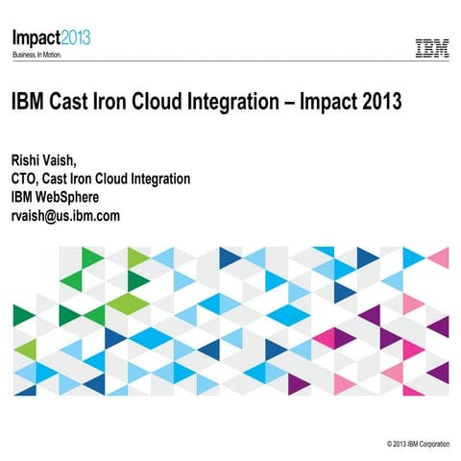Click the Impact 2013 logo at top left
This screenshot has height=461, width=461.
(51, 38)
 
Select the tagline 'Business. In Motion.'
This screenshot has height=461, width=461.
(43, 56)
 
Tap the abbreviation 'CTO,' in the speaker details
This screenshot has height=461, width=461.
(29, 179)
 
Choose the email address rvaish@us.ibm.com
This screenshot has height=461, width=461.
(65, 216)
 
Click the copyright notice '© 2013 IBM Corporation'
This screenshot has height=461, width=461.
(417, 445)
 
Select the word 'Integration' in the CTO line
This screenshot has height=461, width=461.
(158, 179)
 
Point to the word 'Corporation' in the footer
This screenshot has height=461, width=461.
(433, 445)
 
